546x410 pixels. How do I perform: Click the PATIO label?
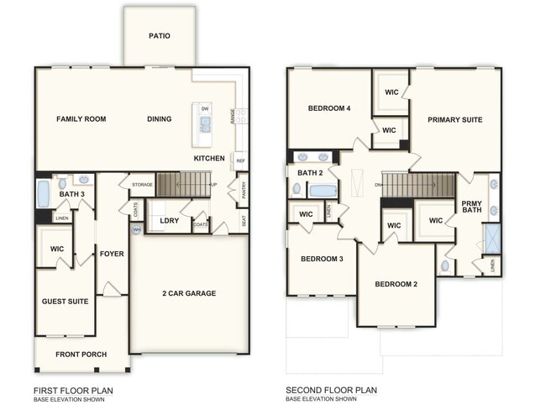coord(160,36)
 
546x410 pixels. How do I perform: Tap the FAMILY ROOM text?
coord(81,119)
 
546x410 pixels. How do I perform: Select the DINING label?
coord(160,119)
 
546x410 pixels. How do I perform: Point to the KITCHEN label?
coord(208,158)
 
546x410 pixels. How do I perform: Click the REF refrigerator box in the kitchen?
coord(240,160)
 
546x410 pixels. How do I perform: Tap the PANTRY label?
coord(242,189)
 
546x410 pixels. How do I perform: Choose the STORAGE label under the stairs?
coord(142,184)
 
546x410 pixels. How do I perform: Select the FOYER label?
coord(112,253)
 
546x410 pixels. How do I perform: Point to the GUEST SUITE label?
coord(65,300)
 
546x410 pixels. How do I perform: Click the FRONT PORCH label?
coord(81,355)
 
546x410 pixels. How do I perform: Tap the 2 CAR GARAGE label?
coord(189,293)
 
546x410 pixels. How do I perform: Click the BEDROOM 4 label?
coord(328,108)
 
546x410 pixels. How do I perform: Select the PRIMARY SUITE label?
coord(454,120)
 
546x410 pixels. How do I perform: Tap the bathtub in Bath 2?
coord(323,190)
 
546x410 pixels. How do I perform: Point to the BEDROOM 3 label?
coord(322,259)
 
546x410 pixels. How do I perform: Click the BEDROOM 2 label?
coord(396,284)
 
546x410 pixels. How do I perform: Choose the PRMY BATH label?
coord(471,208)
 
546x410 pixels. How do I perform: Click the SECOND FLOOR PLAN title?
coord(331,390)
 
